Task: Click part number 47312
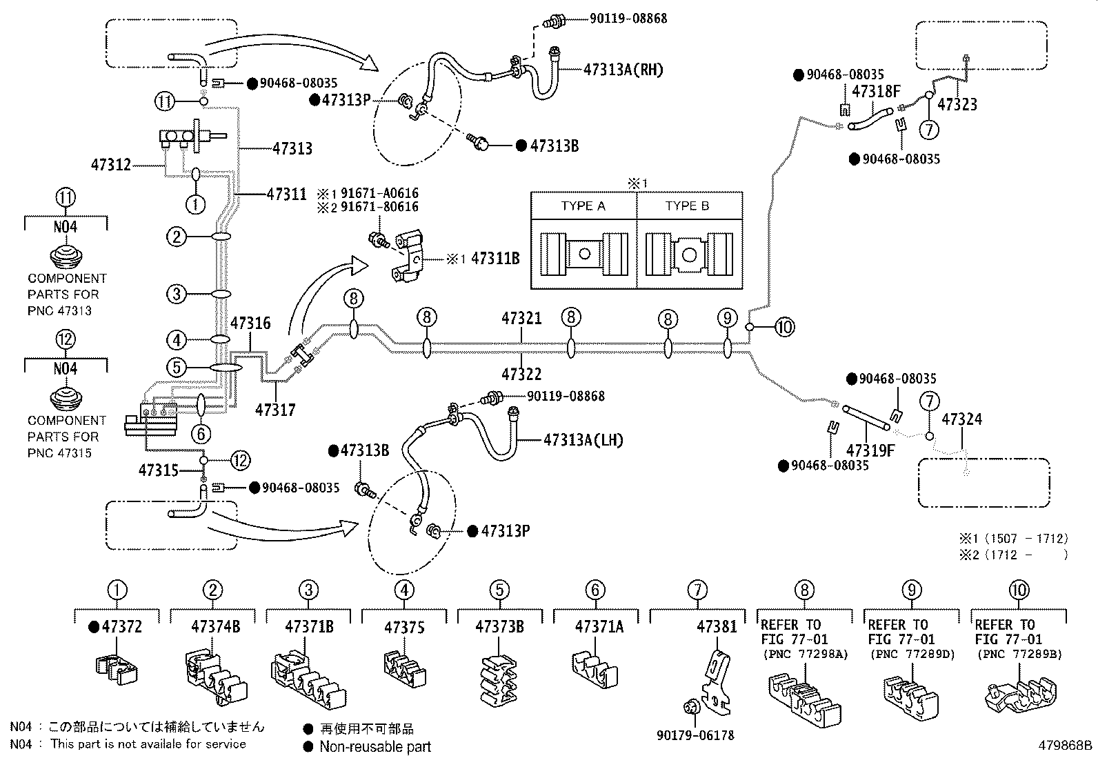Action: (x=111, y=165)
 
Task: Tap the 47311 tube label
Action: (x=286, y=195)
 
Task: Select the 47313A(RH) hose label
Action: (x=623, y=70)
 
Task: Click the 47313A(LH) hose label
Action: (x=583, y=440)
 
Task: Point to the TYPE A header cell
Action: (x=583, y=206)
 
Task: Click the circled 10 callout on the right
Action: (x=784, y=327)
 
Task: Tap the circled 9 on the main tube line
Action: (x=728, y=318)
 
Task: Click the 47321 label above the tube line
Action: (x=521, y=318)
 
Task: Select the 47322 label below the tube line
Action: (x=521, y=374)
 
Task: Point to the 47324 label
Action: (x=961, y=419)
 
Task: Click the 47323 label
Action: (x=957, y=104)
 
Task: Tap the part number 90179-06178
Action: (x=696, y=735)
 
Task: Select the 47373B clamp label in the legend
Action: (x=499, y=626)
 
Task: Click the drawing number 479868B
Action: (x=1065, y=746)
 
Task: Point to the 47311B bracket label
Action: (x=495, y=258)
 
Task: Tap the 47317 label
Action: (x=275, y=410)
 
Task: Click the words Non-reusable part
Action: (x=375, y=747)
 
